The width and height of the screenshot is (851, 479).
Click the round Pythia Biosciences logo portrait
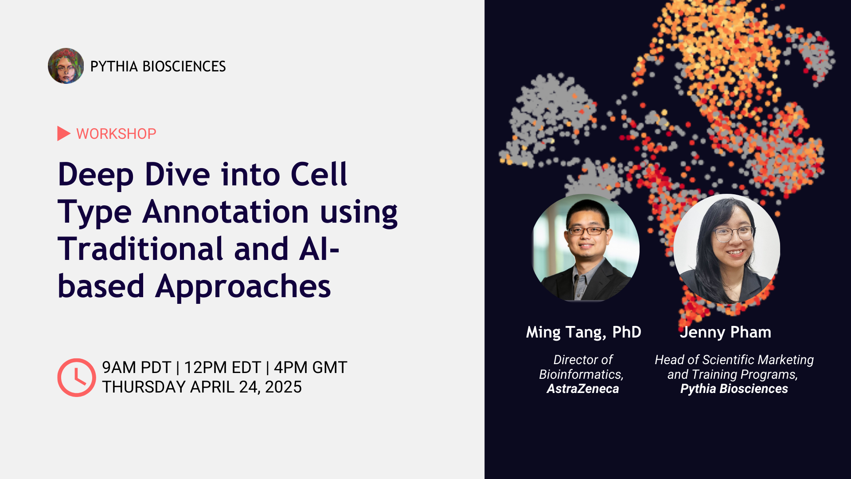(66, 66)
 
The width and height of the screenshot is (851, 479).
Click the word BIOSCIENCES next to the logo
(184, 67)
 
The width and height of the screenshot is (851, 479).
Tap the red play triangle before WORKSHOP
(63, 133)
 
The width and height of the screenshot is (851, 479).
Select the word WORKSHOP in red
(116, 133)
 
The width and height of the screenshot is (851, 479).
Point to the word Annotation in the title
(226, 212)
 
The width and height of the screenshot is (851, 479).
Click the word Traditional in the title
(140, 249)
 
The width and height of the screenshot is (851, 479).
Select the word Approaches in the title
(243, 286)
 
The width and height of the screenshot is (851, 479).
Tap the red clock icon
(76, 377)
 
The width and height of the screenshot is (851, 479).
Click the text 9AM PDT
(136, 368)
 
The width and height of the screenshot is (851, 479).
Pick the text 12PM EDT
(223, 368)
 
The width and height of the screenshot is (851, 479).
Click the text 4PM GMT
(310, 368)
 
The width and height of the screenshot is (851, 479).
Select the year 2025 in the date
(283, 387)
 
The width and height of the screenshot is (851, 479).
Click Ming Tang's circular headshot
(586, 248)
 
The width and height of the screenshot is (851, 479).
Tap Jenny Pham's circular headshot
(727, 248)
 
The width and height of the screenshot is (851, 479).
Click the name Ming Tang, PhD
(583, 332)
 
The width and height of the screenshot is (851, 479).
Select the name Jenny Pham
(726, 332)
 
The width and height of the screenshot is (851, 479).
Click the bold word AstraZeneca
(582, 389)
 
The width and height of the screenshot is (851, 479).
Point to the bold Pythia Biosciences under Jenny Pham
(734, 389)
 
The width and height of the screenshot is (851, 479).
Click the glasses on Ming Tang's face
(587, 231)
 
